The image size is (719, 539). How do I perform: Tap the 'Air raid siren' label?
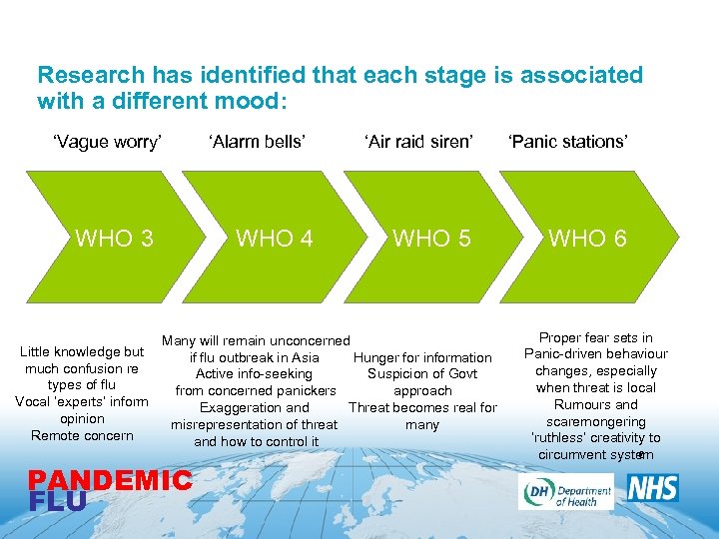418,142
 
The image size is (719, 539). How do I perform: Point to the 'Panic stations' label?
567,142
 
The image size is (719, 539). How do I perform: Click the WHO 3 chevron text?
115,238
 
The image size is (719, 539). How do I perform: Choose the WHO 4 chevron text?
274,238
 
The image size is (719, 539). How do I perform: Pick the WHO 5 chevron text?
431,238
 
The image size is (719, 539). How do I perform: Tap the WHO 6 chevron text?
588,238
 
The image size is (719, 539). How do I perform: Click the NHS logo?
652,488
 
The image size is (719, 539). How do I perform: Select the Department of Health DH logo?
565,490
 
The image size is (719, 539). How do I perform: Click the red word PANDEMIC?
110,481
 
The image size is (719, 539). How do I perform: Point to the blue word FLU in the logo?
57,501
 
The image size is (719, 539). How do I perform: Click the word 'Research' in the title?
82,75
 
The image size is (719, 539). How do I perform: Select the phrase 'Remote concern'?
82,435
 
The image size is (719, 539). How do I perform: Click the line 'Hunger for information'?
422,357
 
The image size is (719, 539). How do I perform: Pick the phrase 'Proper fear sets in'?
595,337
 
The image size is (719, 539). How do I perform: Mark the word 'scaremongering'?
595,421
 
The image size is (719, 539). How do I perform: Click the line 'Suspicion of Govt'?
422,374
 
